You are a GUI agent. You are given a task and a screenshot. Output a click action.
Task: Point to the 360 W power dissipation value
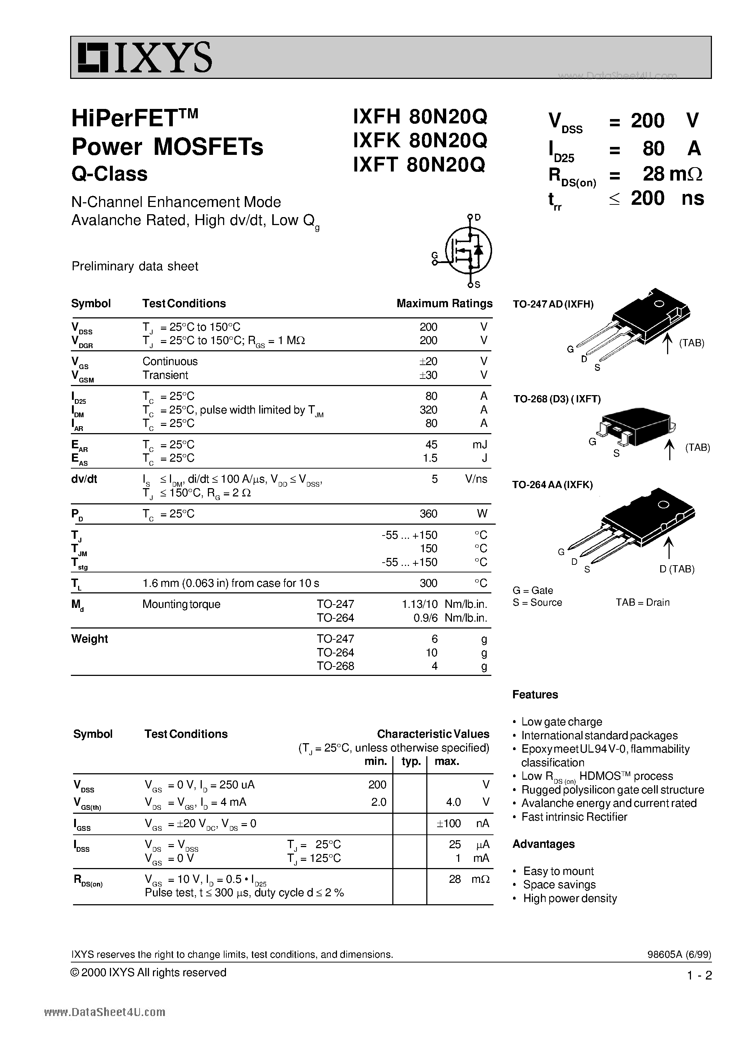[x=428, y=514]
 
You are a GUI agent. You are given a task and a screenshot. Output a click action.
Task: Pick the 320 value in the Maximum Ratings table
[x=428, y=410]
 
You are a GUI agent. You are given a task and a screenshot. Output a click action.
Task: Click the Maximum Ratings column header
[x=444, y=303]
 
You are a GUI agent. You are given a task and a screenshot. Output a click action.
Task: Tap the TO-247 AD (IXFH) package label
[x=553, y=304]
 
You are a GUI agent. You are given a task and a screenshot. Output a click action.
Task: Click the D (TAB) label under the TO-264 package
[x=676, y=569]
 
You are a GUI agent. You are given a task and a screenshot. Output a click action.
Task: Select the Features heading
[x=535, y=694]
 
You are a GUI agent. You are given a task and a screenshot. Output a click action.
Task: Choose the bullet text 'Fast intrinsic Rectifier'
[x=574, y=817]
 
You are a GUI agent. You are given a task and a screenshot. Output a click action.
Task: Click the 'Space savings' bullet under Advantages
[x=559, y=884]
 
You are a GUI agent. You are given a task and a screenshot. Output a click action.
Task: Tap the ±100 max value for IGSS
[x=449, y=823]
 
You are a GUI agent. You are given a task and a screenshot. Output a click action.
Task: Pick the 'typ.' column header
[x=411, y=761]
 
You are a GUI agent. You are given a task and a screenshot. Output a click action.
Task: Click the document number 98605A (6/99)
[x=679, y=954]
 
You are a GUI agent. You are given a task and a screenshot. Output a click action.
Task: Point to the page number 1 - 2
[x=699, y=975]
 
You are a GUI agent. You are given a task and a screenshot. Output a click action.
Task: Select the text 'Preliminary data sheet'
[x=135, y=266]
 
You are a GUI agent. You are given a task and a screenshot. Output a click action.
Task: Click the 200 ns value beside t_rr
[x=667, y=198]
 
